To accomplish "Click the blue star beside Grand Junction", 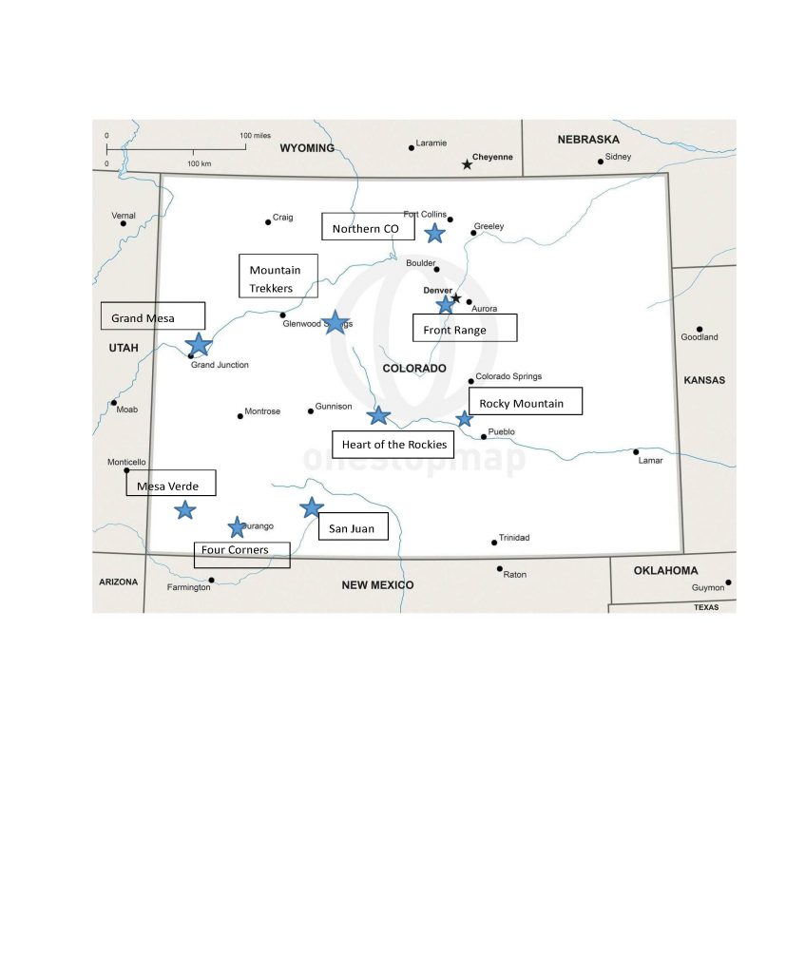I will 199,344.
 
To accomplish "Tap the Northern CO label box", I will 368,227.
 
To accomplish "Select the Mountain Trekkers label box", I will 278,277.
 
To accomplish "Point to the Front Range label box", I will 465,328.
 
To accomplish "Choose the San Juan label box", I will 353,527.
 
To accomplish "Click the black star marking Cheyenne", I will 467,164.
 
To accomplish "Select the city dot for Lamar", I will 636,451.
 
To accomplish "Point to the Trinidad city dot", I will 494,543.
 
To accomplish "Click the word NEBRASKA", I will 588,140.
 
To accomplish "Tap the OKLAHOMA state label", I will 666,570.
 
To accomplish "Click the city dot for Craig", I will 268,222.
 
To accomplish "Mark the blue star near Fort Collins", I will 434,233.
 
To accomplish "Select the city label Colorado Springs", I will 508,376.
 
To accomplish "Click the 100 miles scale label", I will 256,136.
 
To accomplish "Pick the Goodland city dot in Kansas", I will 699,329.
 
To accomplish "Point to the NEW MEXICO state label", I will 377,584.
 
